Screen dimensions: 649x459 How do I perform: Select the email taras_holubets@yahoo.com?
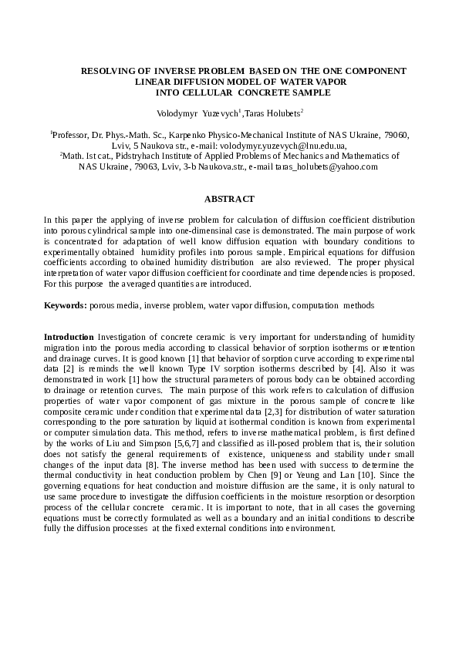[x=327, y=166]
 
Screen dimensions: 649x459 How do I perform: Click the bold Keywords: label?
[x=65, y=305]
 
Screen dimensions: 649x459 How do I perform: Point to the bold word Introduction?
[x=68, y=338]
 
